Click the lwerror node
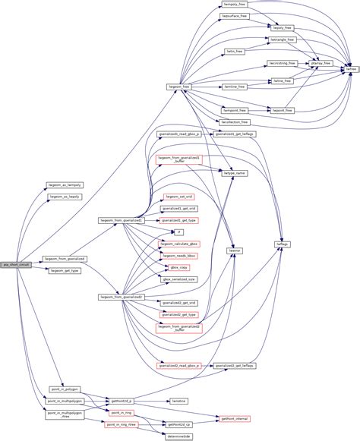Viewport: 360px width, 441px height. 235,249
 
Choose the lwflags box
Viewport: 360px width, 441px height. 283,244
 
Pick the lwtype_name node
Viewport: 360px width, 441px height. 235,173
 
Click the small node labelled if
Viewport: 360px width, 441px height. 178,232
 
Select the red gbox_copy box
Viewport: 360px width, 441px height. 178,267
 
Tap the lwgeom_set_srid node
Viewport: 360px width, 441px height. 178,196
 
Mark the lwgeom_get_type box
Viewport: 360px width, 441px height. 65,270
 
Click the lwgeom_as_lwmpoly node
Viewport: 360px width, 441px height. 65,184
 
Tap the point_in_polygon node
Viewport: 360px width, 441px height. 65,389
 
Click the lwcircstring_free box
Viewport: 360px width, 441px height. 282,63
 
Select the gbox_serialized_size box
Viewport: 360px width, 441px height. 178,279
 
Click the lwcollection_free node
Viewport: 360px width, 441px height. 235,121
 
